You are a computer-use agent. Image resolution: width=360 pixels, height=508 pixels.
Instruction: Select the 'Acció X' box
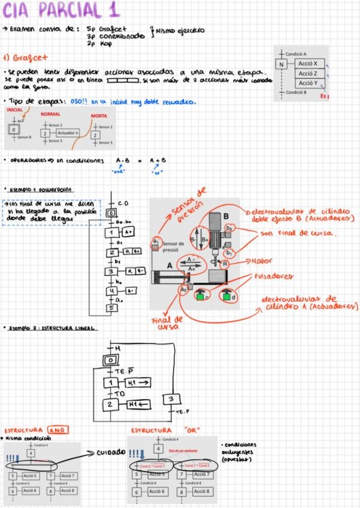click(311, 63)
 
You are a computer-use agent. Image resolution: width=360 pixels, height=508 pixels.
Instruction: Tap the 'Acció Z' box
click(311, 74)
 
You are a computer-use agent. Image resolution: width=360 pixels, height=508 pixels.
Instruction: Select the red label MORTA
click(99, 116)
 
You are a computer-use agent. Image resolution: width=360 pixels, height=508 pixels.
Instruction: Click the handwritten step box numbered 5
click(110, 308)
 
